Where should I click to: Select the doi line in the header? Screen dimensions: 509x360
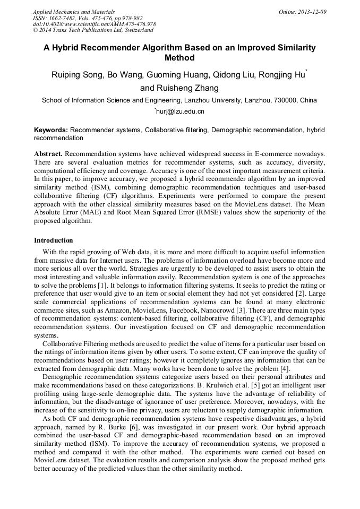click(x=94, y=24)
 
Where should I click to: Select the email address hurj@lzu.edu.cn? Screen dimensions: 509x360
click(x=180, y=111)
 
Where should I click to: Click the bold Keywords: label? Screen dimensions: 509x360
click(x=51, y=130)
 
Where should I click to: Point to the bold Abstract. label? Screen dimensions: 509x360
click(x=48, y=153)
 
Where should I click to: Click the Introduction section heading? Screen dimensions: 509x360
click(x=54, y=240)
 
